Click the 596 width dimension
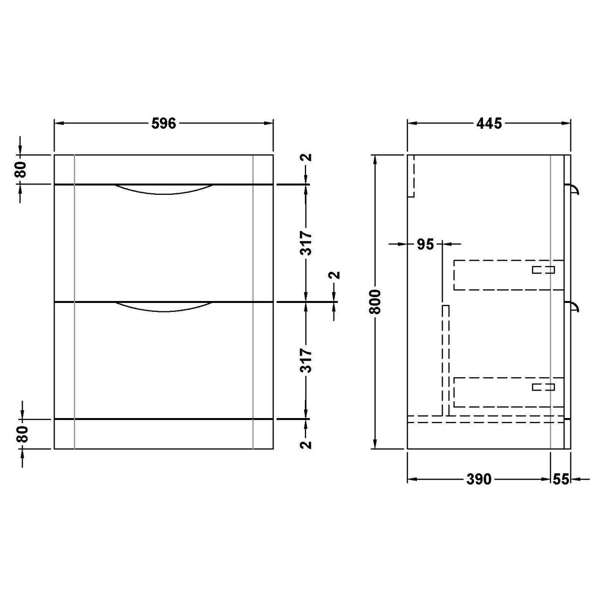click(163, 123)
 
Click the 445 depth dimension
click(489, 123)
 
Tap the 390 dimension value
click(479, 479)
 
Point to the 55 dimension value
click(561, 479)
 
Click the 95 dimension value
click(425, 243)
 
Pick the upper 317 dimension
click(306, 243)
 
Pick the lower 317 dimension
click(306, 360)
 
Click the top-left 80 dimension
click(20, 170)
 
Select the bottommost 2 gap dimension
click(306, 444)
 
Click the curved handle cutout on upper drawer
click(164, 190)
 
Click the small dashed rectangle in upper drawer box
click(543, 270)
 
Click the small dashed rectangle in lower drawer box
click(543, 387)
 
